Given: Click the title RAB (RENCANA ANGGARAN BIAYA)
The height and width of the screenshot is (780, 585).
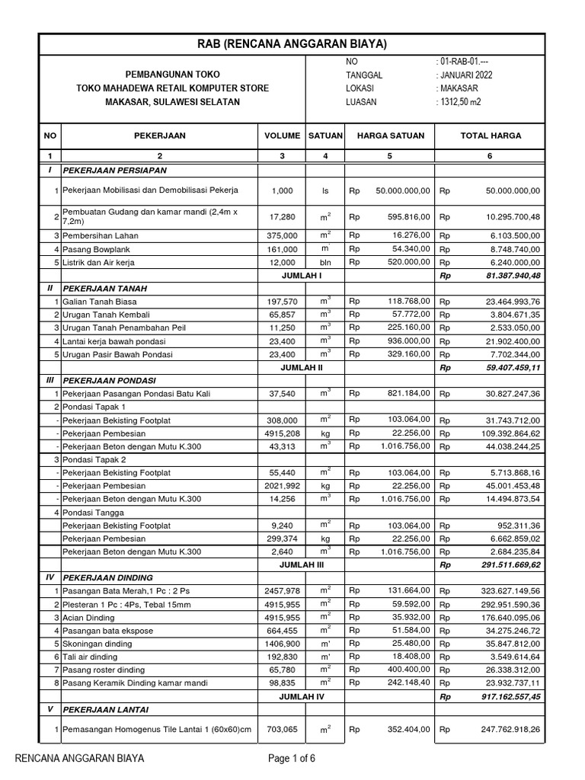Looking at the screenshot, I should click(x=292, y=45).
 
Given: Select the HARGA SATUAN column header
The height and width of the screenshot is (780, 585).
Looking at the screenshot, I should click(x=389, y=136).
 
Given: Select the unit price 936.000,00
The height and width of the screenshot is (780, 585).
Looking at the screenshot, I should click(x=404, y=341).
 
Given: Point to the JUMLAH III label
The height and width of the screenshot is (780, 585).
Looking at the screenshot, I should click(x=303, y=566).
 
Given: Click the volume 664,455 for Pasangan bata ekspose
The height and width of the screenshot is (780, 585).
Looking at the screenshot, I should click(x=282, y=631).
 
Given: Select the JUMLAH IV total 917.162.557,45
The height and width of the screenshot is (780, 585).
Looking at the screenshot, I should click(x=503, y=697).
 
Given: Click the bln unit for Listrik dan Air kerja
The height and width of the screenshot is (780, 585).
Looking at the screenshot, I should click(x=325, y=262).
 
